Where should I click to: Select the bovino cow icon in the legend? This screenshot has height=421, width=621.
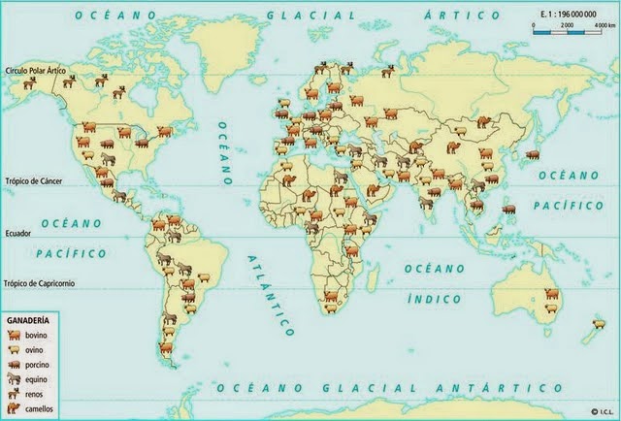coord(15,334)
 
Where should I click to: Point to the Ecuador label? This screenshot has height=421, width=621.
coord(19,234)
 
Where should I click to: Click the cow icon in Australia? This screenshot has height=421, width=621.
coord(551,293)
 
